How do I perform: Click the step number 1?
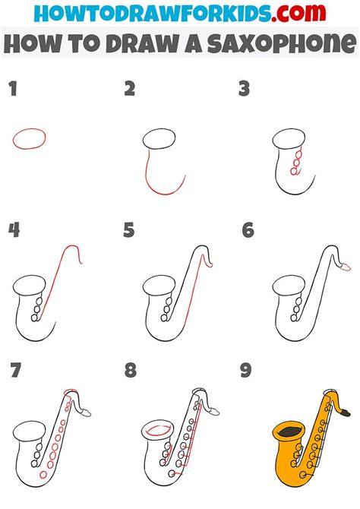[x=11, y=90]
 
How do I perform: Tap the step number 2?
[x=130, y=90]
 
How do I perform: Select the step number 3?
[x=245, y=90]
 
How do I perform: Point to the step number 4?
[x=13, y=230]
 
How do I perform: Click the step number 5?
[x=130, y=230]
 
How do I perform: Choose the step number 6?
[x=247, y=230]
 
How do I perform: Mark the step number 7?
[x=13, y=371]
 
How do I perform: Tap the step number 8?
[x=130, y=371]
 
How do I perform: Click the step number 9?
[x=247, y=371]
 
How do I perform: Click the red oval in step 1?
[x=28, y=138]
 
